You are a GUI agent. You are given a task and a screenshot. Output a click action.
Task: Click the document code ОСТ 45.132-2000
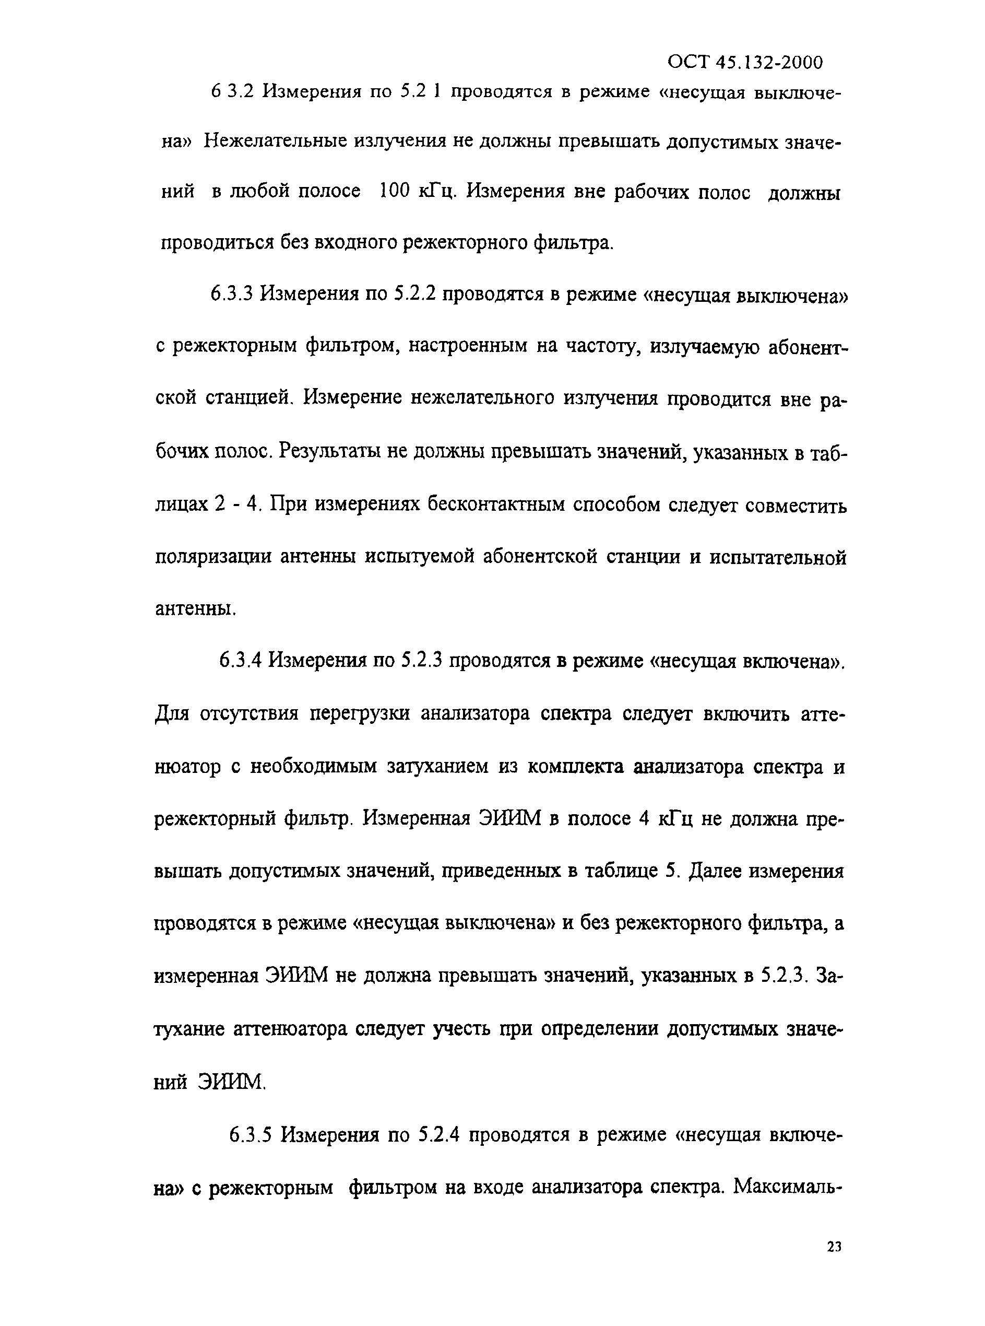pos(745,62)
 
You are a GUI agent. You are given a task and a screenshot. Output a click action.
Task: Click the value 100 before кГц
pos(394,192)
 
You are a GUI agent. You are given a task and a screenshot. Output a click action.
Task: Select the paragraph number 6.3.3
pos(232,294)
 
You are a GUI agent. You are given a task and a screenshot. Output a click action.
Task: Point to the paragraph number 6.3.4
pos(240,660)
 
